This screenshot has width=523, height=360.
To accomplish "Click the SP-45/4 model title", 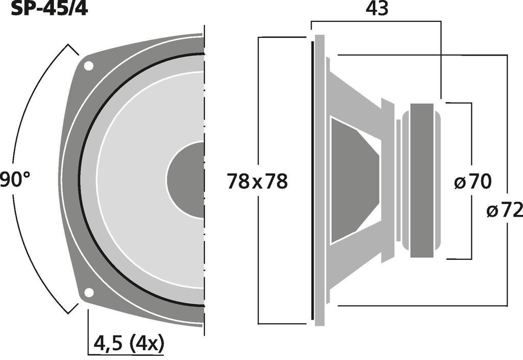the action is point(50,8).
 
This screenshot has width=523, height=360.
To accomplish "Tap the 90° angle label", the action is point(15,180).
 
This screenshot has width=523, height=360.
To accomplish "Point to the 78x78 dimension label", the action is point(257,182).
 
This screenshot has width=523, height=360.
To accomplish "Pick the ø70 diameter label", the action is point(472,182).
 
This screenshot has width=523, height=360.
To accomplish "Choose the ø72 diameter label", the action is point(505,211).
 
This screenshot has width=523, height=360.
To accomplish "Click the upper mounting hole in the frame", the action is point(88,66).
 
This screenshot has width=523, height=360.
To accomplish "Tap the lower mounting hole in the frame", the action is point(89,292).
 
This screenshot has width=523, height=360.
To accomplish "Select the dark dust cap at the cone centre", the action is point(185,180).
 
